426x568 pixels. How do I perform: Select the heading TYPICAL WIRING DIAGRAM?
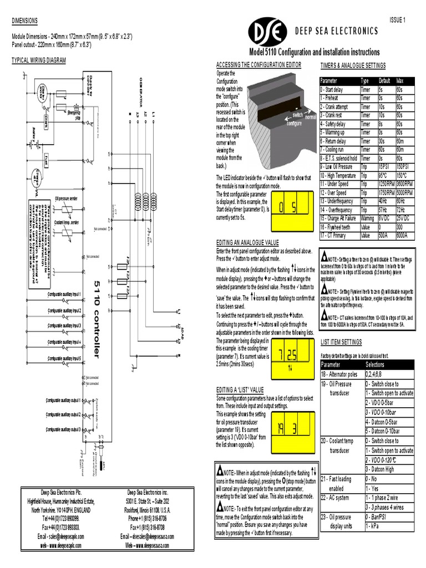coord(39,60)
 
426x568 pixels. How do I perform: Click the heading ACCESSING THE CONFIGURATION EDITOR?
coord(258,65)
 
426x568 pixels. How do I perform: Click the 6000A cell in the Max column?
coord(405,235)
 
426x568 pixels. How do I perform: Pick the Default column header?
coord(386,81)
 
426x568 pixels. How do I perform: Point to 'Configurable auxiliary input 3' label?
coord(64,325)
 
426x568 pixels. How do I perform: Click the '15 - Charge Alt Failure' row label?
coord(339,219)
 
